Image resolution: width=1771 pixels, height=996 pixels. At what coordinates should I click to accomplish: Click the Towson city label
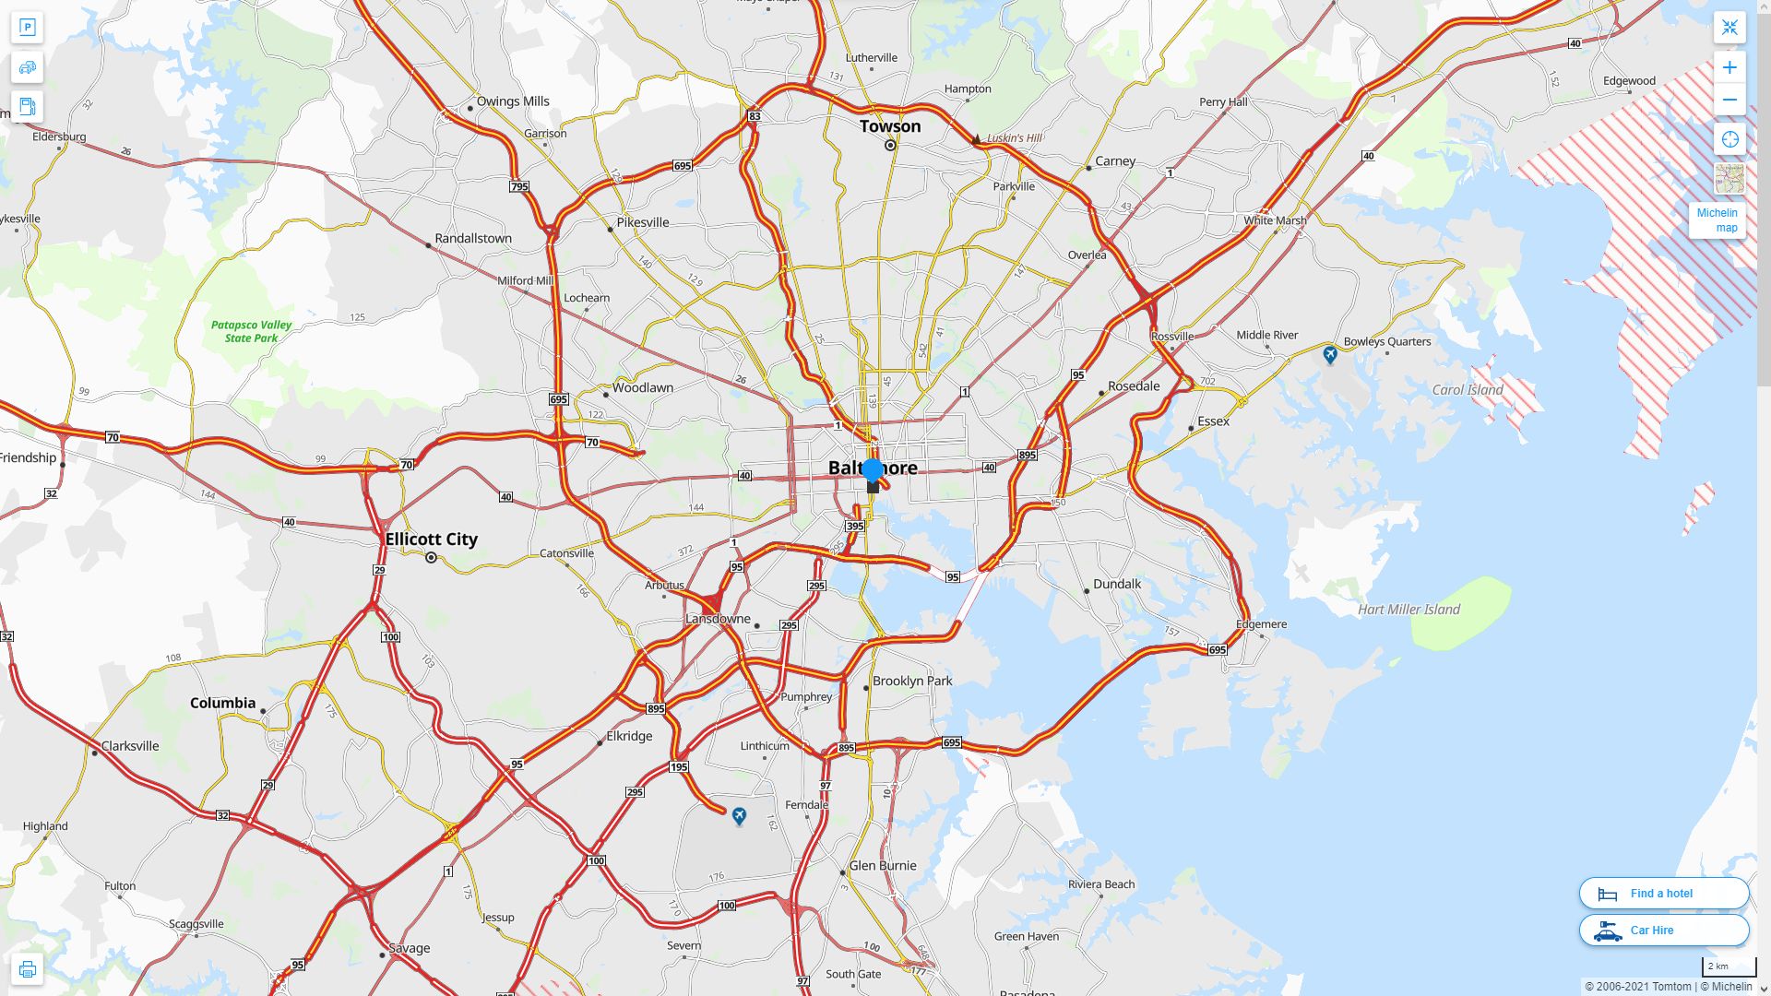pos(890,126)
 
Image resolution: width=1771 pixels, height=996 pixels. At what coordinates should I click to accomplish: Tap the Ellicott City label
pos(431,539)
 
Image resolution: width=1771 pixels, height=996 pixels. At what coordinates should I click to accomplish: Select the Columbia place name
pos(222,703)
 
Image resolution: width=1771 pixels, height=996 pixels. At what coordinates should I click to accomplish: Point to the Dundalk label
pos(1116,584)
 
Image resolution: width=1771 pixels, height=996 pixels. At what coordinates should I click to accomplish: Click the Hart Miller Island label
pos(1408,610)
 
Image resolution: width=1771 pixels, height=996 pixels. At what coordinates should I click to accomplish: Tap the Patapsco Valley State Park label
pos(251,331)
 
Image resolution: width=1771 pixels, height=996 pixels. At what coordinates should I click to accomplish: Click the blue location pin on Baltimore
pos(873,470)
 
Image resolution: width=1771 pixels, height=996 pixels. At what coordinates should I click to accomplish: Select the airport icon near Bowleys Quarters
pos(1329,354)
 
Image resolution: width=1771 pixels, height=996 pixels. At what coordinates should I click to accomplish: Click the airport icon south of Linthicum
pos(739,816)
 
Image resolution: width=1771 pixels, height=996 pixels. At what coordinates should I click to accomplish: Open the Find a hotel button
pos(1663,893)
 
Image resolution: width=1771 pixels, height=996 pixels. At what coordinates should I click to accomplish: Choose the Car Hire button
pos(1663,931)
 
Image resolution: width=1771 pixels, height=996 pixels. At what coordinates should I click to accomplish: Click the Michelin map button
pos(1717,220)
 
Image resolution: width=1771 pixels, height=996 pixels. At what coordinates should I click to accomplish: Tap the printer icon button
pos(27,969)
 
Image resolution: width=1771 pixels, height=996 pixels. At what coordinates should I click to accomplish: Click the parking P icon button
pos(27,28)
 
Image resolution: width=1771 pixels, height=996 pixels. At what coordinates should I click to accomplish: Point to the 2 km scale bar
pos(1728,967)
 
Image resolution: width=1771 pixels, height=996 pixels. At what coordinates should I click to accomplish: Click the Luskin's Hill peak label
pos(1014,138)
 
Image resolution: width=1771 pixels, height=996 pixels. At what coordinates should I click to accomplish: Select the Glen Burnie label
pos(883,865)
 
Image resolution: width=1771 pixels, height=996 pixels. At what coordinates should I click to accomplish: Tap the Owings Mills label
pos(512,101)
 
